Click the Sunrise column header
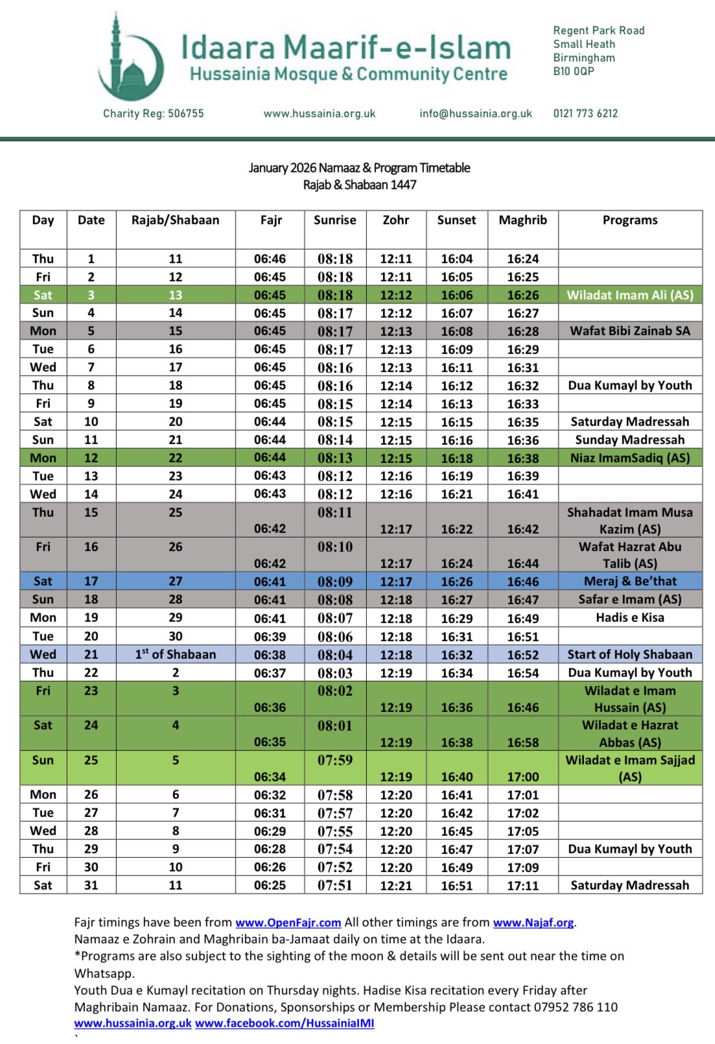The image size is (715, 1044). tap(334, 220)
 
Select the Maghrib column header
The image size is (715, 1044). tap(522, 220)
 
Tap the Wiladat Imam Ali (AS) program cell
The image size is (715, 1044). tap(630, 295)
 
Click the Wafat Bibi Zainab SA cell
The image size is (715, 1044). tap(630, 331)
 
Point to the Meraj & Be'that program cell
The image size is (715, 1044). tap(630, 581)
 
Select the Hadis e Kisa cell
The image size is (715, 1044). tap(630, 617)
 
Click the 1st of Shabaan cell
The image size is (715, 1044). tap(175, 654)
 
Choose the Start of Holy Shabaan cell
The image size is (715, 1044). tap(630, 654)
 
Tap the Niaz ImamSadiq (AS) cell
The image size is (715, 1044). tap(630, 458)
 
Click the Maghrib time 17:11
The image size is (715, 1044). tap(522, 885)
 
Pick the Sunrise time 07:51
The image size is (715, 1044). tap(335, 885)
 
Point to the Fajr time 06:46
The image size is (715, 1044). tap(270, 259)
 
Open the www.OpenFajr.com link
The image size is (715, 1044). tap(288, 922)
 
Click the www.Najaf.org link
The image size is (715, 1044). tap(533, 922)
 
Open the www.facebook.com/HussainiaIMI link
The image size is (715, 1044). tap(285, 1023)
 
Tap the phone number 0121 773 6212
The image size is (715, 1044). tap(585, 113)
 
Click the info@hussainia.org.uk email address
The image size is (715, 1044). tap(476, 113)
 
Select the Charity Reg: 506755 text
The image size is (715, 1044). tap(153, 113)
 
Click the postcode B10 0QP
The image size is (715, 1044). tap(573, 71)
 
